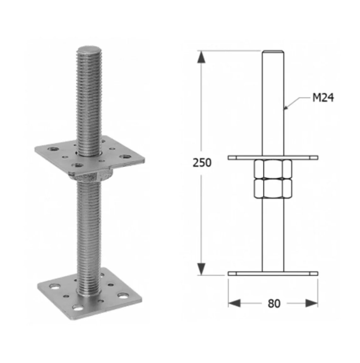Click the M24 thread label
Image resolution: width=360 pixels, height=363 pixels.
[x=323, y=98]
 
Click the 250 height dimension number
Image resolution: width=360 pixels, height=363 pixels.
[x=202, y=163]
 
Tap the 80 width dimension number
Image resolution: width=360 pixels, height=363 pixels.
[x=274, y=303]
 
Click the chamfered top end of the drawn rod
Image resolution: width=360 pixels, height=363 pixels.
[x=273, y=52]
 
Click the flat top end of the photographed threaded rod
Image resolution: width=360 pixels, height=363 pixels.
[x=89, y=51]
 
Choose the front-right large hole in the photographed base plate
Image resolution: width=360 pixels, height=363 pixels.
[x=123, y=296]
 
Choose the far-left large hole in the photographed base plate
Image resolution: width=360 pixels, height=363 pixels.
[x=55, y=287]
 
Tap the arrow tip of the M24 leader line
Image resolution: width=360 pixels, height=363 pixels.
[x=285, y=109]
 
